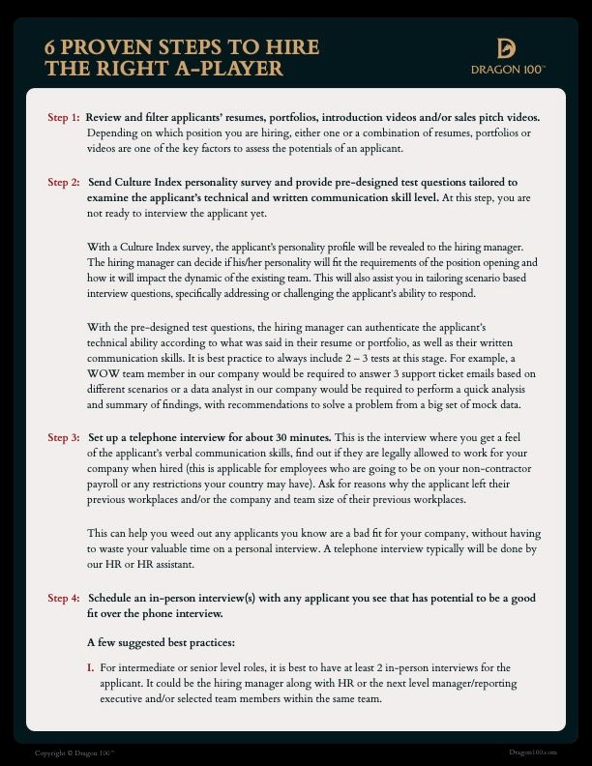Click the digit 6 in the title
[52, 47]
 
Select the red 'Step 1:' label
[64, 117]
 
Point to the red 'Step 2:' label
[64, 182]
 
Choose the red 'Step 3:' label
[64, 437]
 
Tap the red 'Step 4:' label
[64, 599]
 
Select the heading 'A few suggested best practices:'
[162, 641]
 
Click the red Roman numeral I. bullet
[91, 667]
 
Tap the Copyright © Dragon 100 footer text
[74, 753]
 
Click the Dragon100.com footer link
[532, 752]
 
